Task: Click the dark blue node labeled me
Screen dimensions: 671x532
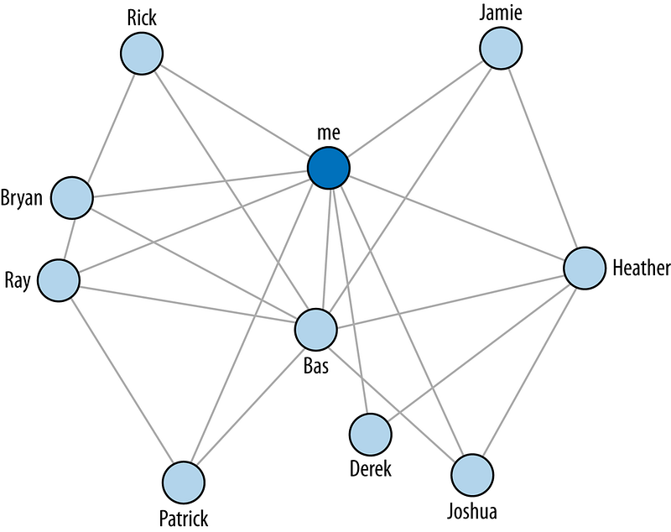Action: click(329, 168)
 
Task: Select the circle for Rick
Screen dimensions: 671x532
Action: click(142, 54)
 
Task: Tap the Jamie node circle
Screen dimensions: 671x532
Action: click(501, 48)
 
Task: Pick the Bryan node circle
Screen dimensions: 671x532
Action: click(72, 198)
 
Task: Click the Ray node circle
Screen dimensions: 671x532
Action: click(59, 280)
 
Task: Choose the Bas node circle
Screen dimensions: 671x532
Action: click(316, 330)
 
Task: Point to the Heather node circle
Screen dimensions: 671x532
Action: click(585, 268)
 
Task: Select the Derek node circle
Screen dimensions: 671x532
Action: click(371, 435)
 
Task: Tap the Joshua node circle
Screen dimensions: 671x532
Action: click(472, 476)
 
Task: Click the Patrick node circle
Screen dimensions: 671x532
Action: click(184, 482)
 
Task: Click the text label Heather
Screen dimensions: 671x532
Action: click(641, 269)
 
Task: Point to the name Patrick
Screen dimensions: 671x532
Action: click(184, 519)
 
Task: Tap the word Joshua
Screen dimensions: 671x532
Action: click(472, 512)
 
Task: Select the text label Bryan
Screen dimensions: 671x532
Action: click(22, 199)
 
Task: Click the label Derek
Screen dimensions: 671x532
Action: click(370, 469)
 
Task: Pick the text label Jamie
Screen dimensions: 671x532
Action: click(500, 13)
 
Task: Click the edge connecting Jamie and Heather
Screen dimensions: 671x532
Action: click(543, 158)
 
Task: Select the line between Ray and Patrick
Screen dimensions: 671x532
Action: click(122, 381)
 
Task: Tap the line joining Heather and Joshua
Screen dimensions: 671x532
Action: click(528, 372)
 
